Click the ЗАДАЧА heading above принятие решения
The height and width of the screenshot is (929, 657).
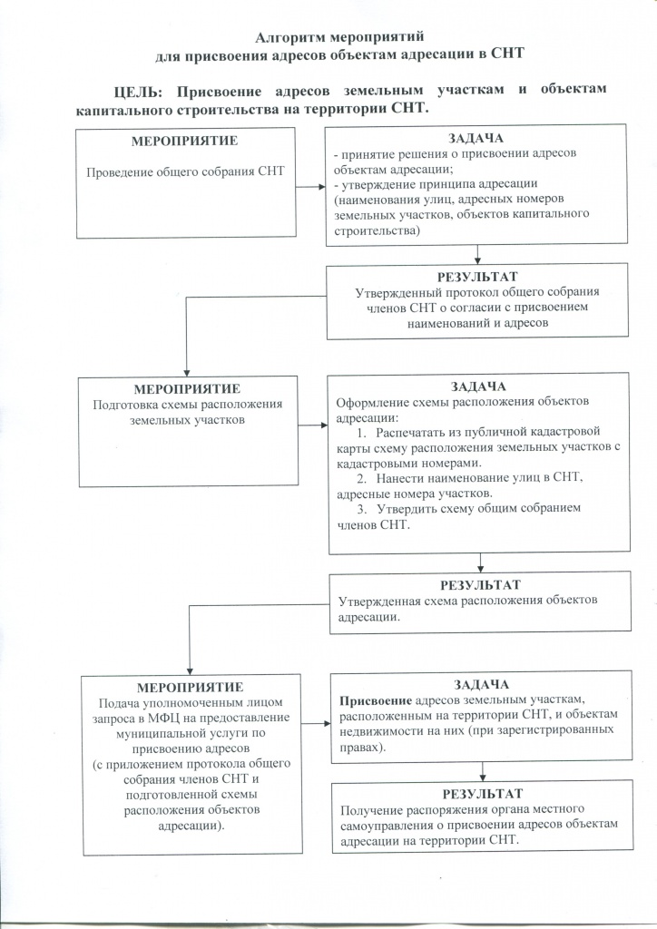tap(476, 138)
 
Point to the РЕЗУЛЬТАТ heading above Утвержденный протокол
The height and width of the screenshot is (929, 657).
tap(476, 277)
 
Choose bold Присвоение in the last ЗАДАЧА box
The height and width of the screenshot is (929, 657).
tap(375, 700)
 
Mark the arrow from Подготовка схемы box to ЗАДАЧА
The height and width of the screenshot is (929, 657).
tap(310, 425)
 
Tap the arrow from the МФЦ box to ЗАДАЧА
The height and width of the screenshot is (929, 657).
tap(313, 723)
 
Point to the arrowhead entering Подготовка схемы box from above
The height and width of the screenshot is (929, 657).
tap(185, 370)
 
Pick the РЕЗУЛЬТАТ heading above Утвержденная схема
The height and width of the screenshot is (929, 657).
tap(480, 584)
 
